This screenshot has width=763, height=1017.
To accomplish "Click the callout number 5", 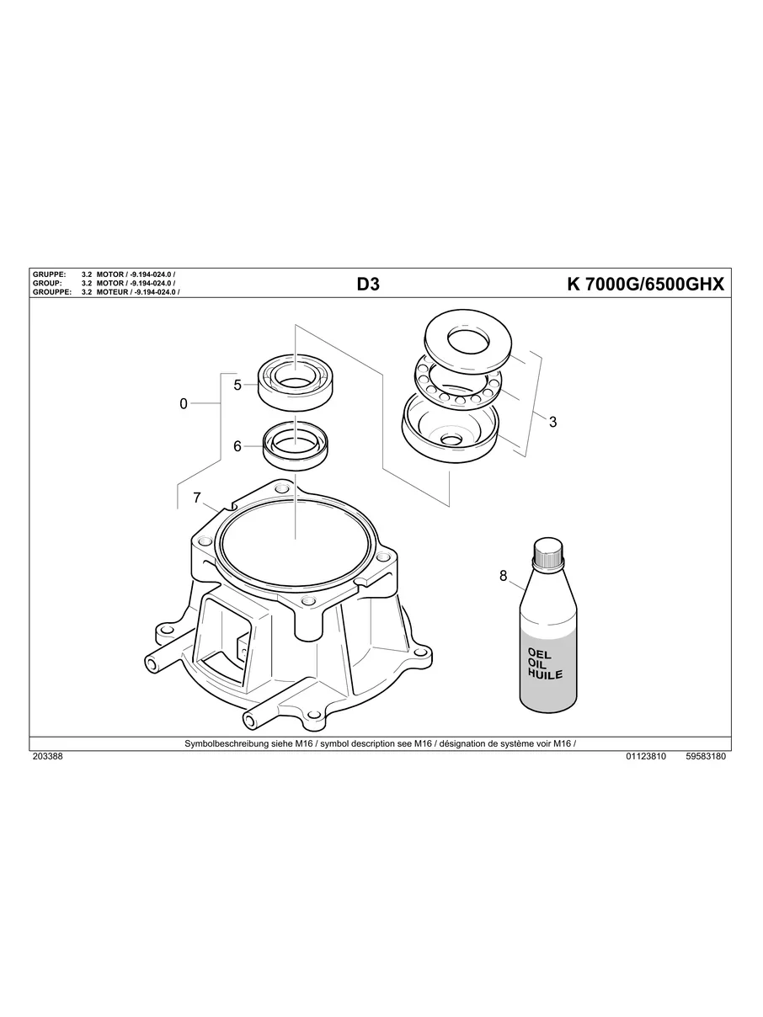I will click(237, 385).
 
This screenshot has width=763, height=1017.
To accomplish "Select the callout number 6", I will click(237, 446).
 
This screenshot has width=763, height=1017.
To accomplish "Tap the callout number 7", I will click(197, 498).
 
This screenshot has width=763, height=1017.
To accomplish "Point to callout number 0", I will click(184, 404).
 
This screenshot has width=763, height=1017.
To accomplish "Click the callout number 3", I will click(552, 423).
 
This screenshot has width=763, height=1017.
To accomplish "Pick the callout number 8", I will click(504, 576).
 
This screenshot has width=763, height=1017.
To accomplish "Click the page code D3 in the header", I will click(368, 285).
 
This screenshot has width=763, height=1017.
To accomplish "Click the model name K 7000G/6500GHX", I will click(646, 285).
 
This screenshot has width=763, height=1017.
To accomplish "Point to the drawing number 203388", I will click(47, 757).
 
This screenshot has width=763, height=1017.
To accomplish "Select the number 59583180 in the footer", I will click(706, 757).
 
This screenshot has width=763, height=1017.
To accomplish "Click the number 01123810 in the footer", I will click(646, 757).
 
